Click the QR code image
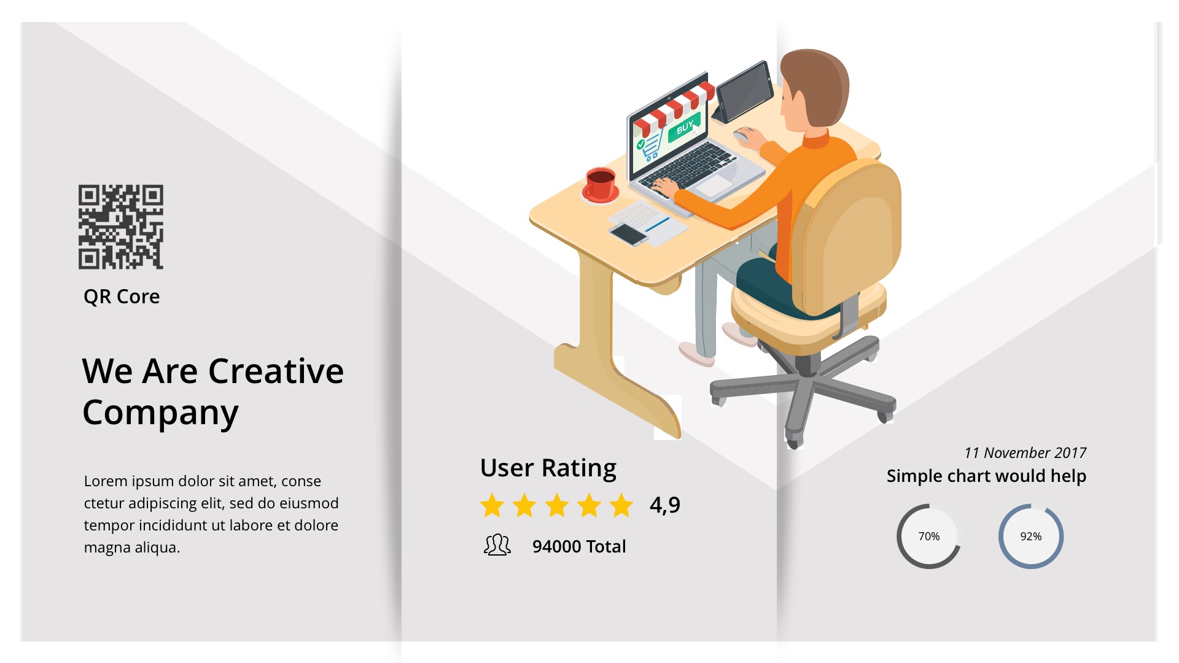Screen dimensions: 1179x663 [x=121, y=227]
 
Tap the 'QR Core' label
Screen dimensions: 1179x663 [x=122, y=297]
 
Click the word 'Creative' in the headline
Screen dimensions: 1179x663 [x=276, y=371]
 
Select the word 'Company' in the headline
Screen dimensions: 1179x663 [x=160, y=413]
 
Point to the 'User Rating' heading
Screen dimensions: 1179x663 [x=548, y=468]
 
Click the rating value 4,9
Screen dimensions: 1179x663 [x=665, y=505]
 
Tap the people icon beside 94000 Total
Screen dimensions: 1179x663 [x=497, y=545]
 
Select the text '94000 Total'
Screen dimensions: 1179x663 [x=579, y=546]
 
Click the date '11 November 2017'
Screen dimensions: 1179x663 [x=1025, y=453]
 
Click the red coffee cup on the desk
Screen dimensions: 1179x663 [x=600, y=184]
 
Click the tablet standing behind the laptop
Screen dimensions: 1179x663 [x=744, y=91]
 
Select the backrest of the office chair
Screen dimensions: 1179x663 [x=847, y=236]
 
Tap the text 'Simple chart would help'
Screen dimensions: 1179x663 [x=986, y=476]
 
